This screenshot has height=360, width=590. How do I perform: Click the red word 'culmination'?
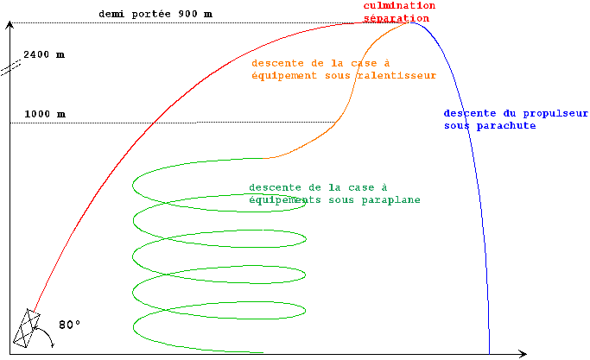pos(398,5)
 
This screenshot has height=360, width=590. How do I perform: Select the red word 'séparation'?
pos(398,17)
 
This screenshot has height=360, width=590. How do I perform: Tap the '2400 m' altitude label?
pos(44,54)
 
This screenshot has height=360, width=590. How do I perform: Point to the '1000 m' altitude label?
pos(44,114)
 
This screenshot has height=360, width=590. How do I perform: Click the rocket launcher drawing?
pos(28,329)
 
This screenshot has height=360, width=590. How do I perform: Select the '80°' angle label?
pos(69,325)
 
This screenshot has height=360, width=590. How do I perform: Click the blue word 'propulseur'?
pos(553,113)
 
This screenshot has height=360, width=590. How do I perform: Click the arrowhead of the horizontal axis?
pos(523,353)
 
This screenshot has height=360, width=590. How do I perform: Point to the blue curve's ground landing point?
pos(489,352)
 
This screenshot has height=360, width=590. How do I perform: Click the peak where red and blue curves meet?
pos(413,22)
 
